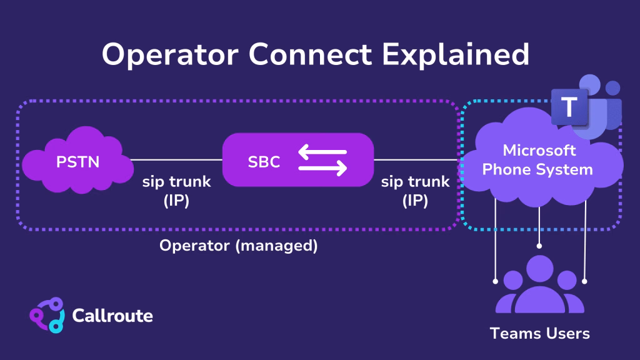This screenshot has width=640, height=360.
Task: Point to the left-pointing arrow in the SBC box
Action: tap(322, 151)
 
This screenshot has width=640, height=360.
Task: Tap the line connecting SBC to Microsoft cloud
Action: tap(416, 160)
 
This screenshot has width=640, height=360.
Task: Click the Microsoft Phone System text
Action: tap(539, 160)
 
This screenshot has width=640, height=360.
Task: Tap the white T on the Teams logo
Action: tap(568, 107)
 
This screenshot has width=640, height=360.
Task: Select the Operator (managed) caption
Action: tap(238, 246)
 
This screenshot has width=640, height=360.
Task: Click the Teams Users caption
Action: tap(539, 333)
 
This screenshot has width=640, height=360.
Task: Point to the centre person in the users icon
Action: tap(539, 281)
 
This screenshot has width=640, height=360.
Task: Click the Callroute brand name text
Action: tap(112, 316)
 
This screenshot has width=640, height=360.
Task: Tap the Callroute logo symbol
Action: tap(47, 316)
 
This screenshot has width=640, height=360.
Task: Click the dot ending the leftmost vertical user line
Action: tap(495, 281)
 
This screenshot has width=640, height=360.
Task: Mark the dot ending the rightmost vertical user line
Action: tap(584, 281)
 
